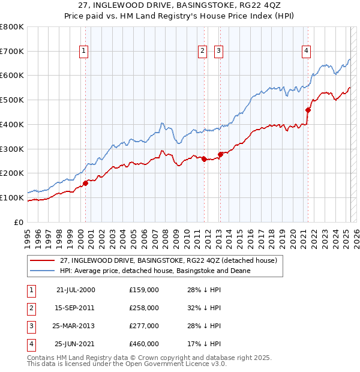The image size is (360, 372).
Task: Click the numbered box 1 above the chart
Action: pos(83,51)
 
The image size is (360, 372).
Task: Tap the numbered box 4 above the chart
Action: pos(306,51)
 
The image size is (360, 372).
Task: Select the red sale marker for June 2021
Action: pos(308,110)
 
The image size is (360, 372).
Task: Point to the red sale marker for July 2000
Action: pos(85,183)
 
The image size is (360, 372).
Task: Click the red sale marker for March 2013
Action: pos(220,154)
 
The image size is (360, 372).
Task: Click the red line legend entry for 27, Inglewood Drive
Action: pos(168,260)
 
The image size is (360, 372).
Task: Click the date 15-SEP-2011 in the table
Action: pos(76,308)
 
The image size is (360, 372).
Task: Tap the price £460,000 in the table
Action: pos(144,344)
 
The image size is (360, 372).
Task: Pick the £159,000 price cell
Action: pos(144,290)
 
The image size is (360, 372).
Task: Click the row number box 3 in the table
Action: pos(30,326)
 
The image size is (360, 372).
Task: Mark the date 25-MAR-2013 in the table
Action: pos(76,326)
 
